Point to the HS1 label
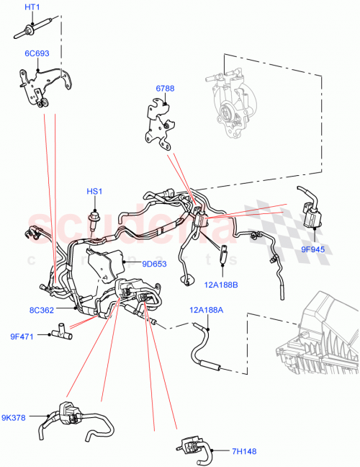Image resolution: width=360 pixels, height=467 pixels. (95, 192)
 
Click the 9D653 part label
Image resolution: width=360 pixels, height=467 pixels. (153, 264)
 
